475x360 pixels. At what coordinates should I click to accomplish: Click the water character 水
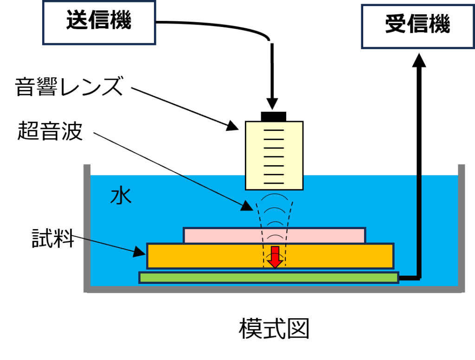pyautogui.click(x=121, y=196)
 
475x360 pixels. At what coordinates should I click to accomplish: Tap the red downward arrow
pyautogui.click(x=275, y=257)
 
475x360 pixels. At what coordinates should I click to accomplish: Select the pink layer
pyautogui.click(x=223, y=235)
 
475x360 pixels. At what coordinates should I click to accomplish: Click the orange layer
pyautogui.click(x=204, y=256)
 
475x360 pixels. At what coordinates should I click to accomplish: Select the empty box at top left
pyautogui.click(x=99, y=23)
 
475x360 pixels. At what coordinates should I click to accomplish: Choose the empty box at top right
pyautogui.click(x=417, y=26)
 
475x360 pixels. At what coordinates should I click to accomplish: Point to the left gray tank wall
pyautogui.click(x=87, y=227)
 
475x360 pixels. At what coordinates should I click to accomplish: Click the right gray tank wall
pyautogui.click(x=462, y=227)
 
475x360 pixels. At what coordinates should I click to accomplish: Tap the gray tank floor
pyautogui.click(x=274, y=289)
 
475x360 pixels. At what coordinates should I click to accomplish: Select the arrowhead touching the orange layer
pyautogui.click(x=140, y=252)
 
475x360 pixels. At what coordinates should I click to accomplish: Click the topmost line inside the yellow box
pyautogui.click(x=274, y=130)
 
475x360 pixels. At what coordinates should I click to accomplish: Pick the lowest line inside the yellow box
pyautogui.click(x=274, y=183)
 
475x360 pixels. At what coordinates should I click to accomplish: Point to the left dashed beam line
pyautogui.click(x=260, y=232)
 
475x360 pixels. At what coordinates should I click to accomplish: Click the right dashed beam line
pyautogui.click(x=288, y=232)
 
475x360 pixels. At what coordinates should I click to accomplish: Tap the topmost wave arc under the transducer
pyautogui.click(x=274, y=195)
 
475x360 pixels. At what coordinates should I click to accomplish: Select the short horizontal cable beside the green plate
pyautogui.click(x=409, y=278)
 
